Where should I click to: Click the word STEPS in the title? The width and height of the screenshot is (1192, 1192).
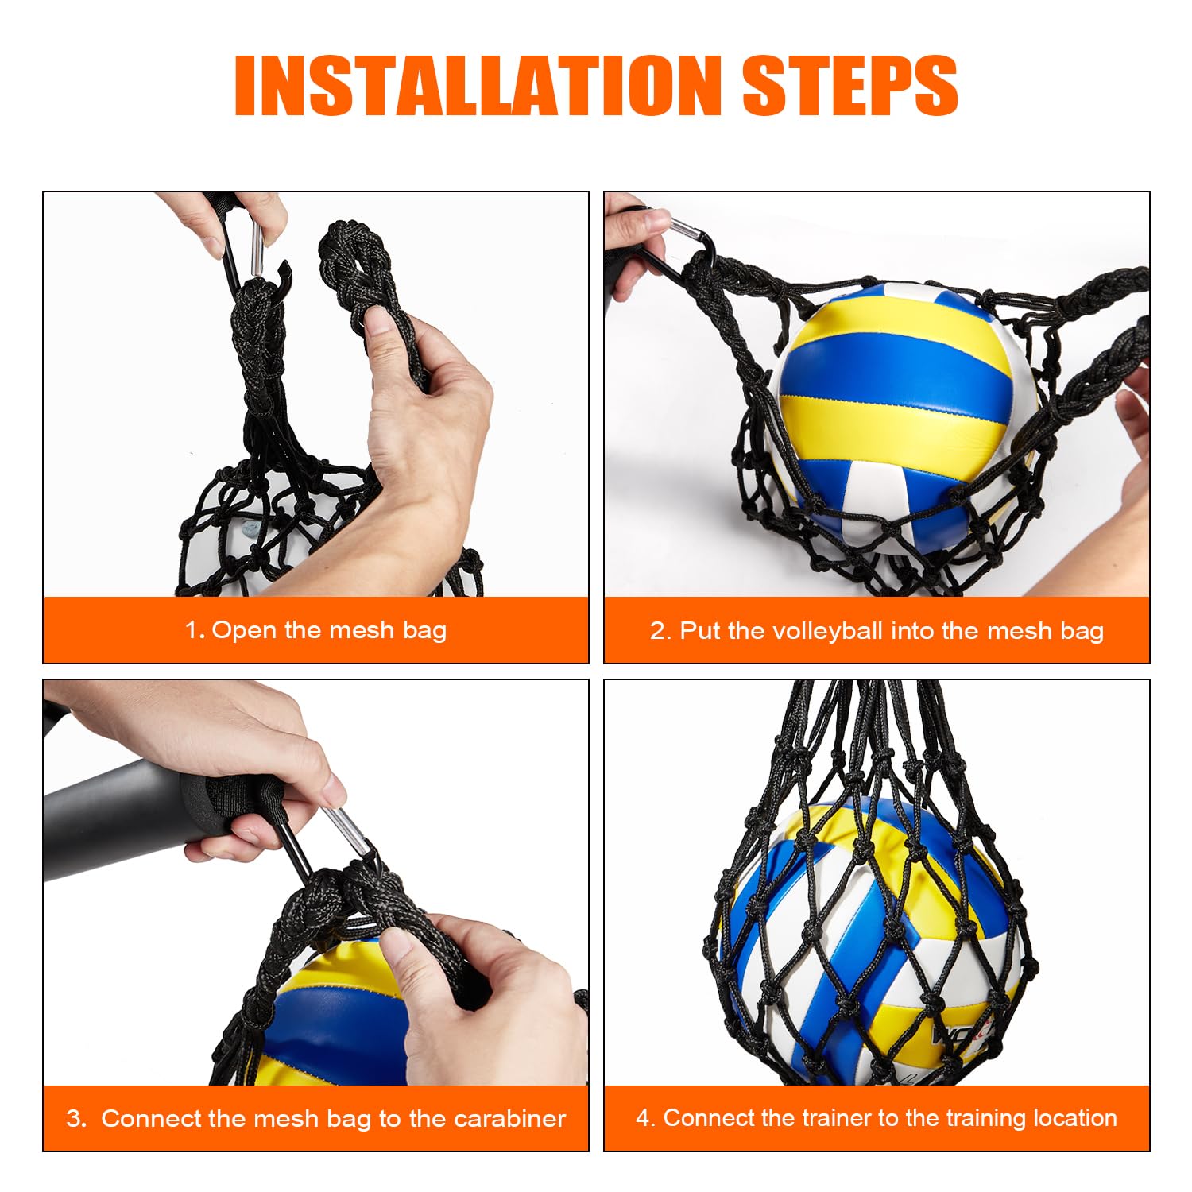coord(849,86)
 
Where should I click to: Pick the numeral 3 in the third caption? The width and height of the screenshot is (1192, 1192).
coord(75,1119)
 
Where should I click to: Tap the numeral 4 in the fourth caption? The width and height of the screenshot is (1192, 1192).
coord(644,1118)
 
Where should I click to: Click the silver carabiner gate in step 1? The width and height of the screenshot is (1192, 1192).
coord(257,247)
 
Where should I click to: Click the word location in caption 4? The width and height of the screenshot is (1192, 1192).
coord(1074,1118)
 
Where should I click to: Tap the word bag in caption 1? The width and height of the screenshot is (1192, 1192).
coord(424,631)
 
